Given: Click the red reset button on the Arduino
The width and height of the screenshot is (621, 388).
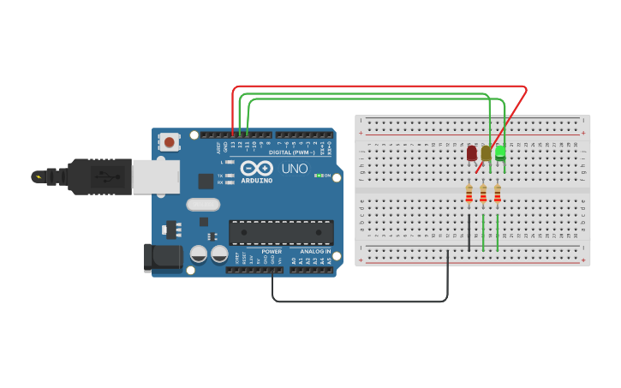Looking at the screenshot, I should tap(170, 142).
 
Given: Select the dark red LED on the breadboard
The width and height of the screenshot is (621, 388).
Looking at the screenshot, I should tap(472, 153).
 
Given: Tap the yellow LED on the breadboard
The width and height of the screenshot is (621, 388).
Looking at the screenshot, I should tap(486, 153).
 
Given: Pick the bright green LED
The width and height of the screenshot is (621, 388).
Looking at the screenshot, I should tap(500, 152).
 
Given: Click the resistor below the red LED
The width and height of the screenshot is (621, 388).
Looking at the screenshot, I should tap(469, 194).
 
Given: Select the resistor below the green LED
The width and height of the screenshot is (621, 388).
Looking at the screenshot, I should tap(497, 194).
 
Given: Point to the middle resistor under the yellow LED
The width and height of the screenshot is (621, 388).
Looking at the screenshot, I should tap(483, 194).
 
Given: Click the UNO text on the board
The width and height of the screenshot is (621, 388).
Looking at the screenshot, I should tap(294, 169).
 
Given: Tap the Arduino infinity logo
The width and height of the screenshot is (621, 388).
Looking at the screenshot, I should tap(256, 168).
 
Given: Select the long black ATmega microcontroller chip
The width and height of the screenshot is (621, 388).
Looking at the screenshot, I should tap(281, 232).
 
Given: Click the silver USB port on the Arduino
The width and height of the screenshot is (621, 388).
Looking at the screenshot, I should tap(155, 176).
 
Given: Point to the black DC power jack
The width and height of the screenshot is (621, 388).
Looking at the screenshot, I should tap(163, 258).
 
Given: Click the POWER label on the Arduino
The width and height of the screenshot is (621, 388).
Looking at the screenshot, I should tap(272, 252).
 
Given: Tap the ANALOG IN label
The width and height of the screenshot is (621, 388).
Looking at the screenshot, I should tap(314, 252).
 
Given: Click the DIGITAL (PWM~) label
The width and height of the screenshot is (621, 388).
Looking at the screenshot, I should tap(292, 152).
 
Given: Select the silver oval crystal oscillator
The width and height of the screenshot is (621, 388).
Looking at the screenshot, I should tap(203, 204).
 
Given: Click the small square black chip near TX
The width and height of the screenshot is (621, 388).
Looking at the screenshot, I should tap(206, 181).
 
